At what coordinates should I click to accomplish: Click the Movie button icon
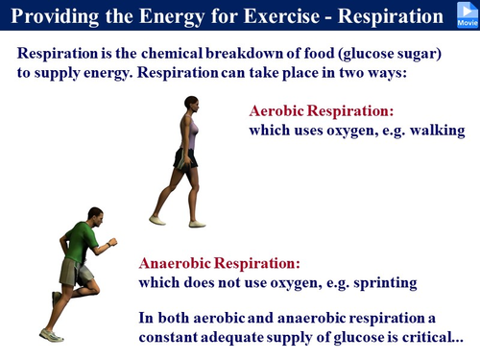coord(465,13)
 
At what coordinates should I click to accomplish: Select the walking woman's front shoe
coord(197,224)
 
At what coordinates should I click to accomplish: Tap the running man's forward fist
coord(113,244)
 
